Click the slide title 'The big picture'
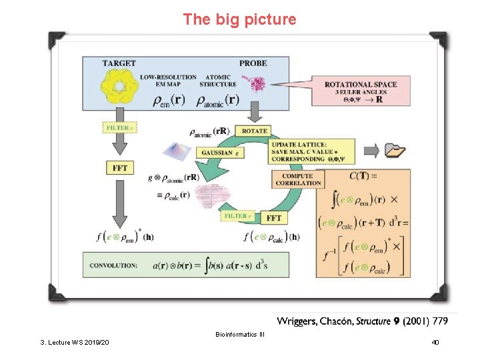click(x=239, y=19)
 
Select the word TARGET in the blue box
click(x=119, y=63)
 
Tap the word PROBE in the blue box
click(x=253, y=63)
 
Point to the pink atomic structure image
click(x=255, y=83)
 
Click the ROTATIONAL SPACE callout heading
click(x=360, y=85)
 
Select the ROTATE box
click(x=255, y=131)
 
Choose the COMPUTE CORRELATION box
click(x=297, y=179)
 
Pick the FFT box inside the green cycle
click(x=274, y=218)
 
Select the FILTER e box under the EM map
click(x=120, y=127)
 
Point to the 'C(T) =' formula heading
click(x=363, y=176)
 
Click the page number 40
click(x=435, y=342)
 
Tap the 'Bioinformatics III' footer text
click(x=239, y=334)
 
